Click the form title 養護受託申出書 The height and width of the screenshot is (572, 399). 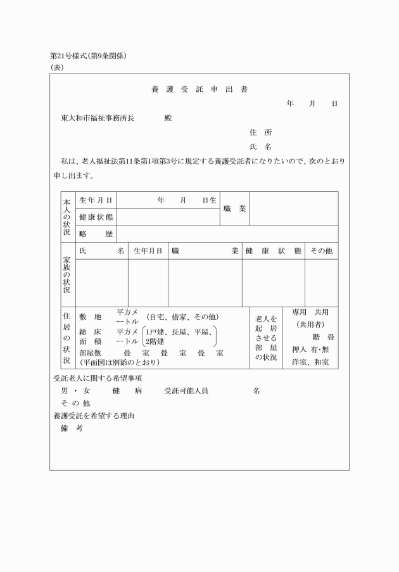pyautogui.click(x=199, y=90)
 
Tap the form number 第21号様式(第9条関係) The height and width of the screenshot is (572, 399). pyautogui.click(x=89, y=56)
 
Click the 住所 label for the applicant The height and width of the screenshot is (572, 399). pyautogui.click(x=261, y=133)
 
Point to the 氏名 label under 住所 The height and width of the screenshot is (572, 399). pyautogui.click(x=261, y=147)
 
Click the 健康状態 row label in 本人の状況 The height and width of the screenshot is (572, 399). pyautogui.click(x=96, y=217)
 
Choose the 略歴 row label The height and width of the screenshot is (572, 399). pyautogui.click(x=96, y=234)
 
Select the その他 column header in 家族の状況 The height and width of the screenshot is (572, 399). pyautogui.click(x=321, y=251)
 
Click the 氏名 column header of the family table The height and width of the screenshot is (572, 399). pyautogui.click(x=101, y=251)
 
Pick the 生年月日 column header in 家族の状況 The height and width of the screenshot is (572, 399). pyautogui.click(x=148, y=251)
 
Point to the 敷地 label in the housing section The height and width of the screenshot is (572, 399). pyautogui.click(x=90, y=317)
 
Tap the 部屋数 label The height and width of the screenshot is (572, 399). pyautogui.click(x=91, y=353)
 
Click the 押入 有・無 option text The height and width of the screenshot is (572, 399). pyautogui.click(x=310, y=350)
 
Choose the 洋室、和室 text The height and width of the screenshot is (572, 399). pyautogui.click(x=310, y=362)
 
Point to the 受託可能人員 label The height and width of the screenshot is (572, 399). pyautogui.click(x=186, y=391)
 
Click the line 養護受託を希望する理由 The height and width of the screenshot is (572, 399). pyautogui.click(x=95, y=416)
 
